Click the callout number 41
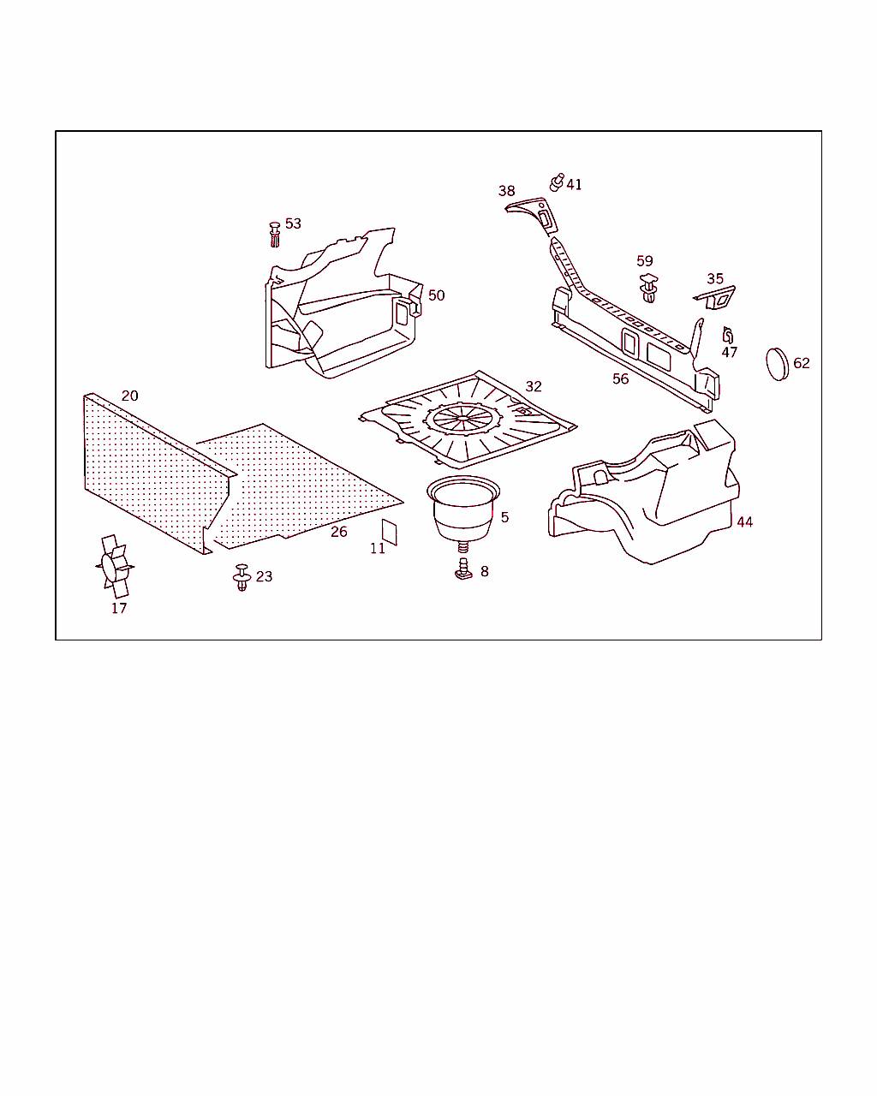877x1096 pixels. (x=574, y=184)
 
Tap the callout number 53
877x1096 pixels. (x=293, y=223)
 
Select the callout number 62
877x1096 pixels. (x=802, y=363)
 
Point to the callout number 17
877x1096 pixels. (x=119, y=608)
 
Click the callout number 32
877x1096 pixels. (x=534, y=386)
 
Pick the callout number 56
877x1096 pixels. (x=621, y=379)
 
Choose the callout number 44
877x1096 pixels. (x=745, y=522)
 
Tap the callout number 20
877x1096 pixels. (x=130, y=396)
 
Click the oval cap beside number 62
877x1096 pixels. (x=777, y=364)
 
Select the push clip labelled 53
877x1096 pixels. (x=275, y=235)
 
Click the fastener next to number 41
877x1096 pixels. (x=557, y=182)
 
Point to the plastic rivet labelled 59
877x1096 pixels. (x=648, y=289)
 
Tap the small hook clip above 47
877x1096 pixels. (x=728, y=335)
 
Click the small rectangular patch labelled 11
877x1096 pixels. (x=390, y=533)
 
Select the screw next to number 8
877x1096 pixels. (x=463, y=569)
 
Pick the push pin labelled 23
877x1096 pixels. (x=242, y=577)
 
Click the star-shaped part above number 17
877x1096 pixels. (x=115, y=566)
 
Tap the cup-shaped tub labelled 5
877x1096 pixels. (x=463, y=509)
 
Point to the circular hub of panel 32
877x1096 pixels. (x=462, y=418)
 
